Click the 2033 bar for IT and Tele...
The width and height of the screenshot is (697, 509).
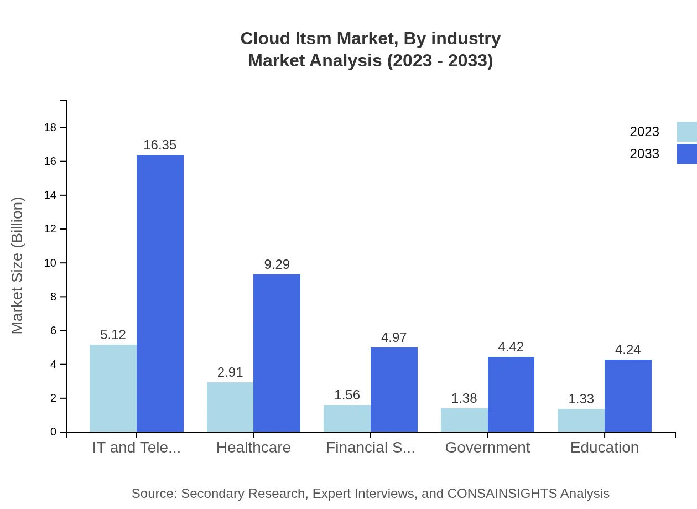(x=160, y=293)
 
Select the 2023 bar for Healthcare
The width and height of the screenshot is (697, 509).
(x=230, y=407)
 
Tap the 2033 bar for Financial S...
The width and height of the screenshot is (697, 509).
(x=394, y=389)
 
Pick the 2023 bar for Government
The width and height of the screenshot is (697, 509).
(x=464, y=420)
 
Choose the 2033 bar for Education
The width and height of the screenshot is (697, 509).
(x=628, y=396)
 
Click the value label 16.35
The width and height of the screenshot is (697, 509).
(x=160, y=145)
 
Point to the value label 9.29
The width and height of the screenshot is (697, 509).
(x=277, y=264)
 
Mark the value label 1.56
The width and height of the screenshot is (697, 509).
(x=347, y=395)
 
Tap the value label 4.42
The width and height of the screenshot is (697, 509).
(x=511, y=347)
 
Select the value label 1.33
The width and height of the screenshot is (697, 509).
(x=581, y=399)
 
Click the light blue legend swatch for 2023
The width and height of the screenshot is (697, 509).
(x=686, y=132)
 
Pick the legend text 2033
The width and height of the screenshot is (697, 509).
(x=644, y=154)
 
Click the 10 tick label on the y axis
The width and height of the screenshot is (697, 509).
(x=50, y=263)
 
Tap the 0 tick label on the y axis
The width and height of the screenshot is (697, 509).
(x=54, y=432)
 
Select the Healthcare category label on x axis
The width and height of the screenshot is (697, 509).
(x=253, y=448)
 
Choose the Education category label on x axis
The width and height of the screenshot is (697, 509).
(x=604, y=448)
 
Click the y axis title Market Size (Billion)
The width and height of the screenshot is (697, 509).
(x=18, y=266)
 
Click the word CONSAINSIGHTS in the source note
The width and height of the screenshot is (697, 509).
(x=502, y=494)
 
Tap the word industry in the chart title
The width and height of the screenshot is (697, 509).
(x=466, y=39)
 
